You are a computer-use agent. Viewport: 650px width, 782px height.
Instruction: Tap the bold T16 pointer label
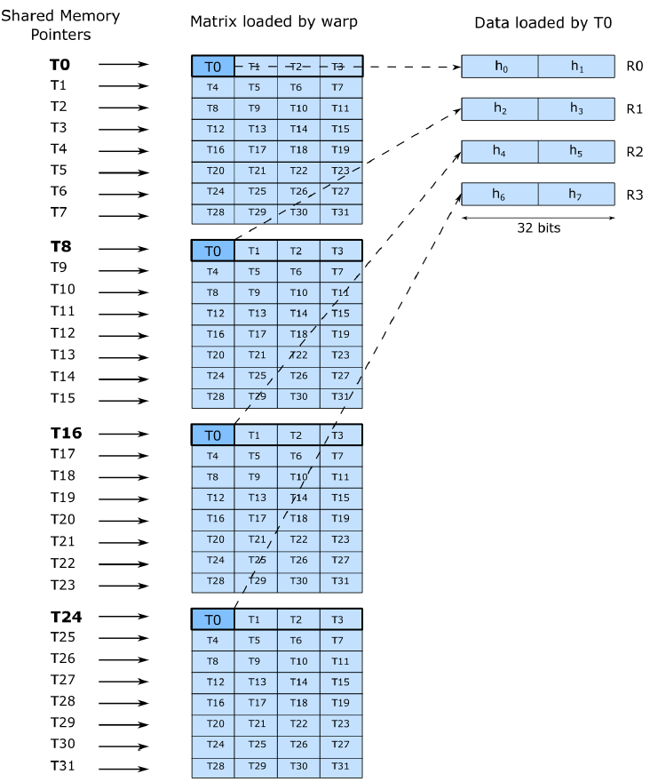coord(66,433)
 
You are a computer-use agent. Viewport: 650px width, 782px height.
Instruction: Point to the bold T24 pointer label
coord(66,617)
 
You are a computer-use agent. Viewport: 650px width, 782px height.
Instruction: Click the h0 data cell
coord(500,67)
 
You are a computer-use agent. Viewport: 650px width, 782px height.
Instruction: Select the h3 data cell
coord(576,108)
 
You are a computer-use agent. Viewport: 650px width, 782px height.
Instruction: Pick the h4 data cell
coord(500,151)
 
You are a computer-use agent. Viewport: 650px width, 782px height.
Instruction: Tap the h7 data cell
coord(576,194)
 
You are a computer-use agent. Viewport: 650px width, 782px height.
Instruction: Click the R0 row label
coord(633,67)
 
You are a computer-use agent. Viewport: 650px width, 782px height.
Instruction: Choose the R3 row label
coord(633,194)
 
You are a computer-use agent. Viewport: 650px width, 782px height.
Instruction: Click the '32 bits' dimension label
coord(537,227)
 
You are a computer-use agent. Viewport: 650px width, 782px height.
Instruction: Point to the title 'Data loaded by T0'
coord(537,22)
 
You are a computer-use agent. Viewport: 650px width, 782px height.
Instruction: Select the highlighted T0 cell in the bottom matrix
coord(213,619)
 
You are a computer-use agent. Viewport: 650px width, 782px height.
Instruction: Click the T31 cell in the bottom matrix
coord(341,766)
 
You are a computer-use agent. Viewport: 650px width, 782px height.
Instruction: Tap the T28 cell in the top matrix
coord(213,213)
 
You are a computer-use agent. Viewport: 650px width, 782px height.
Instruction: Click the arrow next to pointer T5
coord(123,172)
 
